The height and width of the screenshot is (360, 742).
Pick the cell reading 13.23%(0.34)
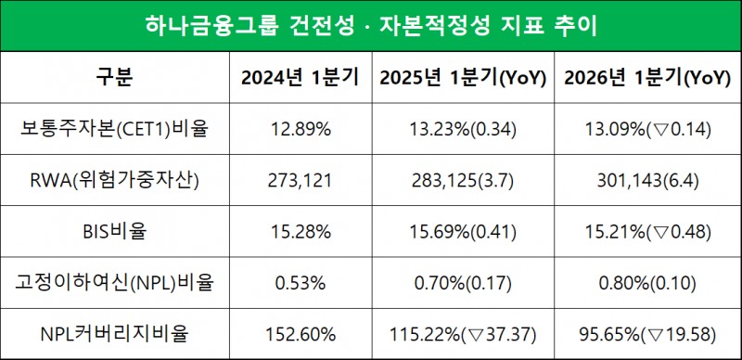462,129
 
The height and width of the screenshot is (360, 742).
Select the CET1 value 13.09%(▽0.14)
646,129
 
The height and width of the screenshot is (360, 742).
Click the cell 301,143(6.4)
646,178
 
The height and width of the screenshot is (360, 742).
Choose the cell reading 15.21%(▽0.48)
646,228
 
